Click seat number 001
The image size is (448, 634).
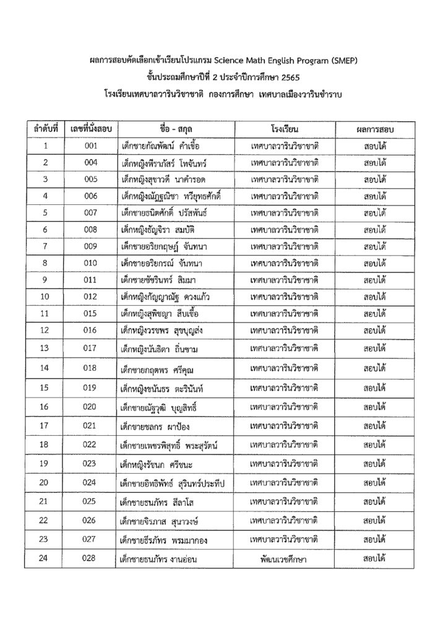click(x=91, y=146)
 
